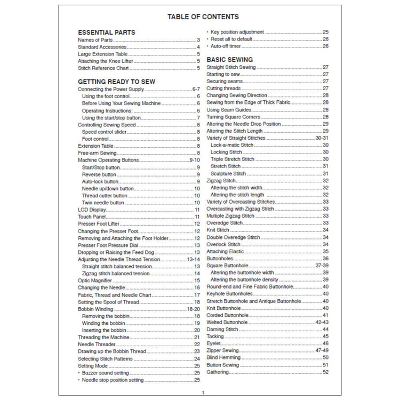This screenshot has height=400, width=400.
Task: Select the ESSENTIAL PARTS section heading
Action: [x=106, y=32]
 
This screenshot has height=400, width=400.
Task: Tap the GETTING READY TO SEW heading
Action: [x=117, y=81]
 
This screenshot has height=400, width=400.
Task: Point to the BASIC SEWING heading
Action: [x=229, y=60]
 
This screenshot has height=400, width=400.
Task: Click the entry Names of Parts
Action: [x=95, y=40]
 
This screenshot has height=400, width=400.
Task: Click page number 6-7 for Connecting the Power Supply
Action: [x=196, y=89]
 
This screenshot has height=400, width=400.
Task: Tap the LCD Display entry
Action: [x=92, y=210]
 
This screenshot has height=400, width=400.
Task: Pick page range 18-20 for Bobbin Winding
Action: [x=193, y=309]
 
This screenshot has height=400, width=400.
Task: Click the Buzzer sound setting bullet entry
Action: [x=106, y=373]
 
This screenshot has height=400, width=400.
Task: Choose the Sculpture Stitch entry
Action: [x=228, y=173]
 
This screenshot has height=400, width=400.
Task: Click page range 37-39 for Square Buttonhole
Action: [x=322, y=265]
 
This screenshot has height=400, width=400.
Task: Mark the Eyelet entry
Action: [x=214, y=343]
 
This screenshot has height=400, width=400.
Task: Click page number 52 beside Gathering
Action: [x=325, y=372]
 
